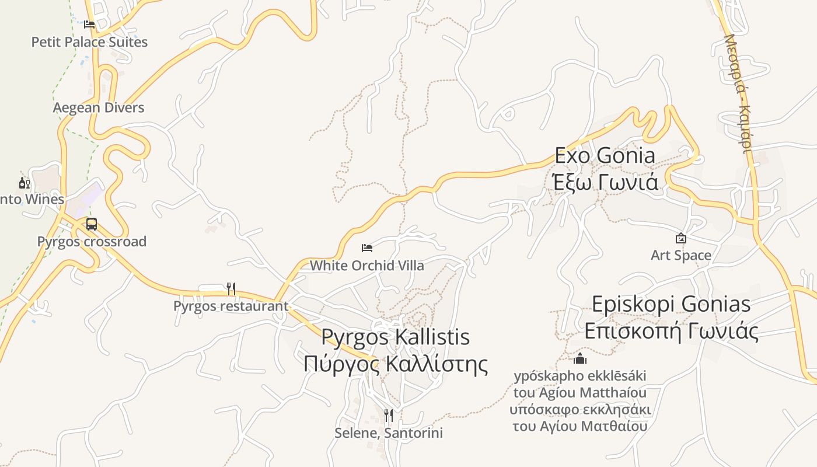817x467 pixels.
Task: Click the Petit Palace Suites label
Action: [89, 42]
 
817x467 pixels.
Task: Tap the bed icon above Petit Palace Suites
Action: [89, 25]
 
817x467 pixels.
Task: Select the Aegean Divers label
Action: [99, 107]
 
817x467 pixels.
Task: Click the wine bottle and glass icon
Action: [25, 183]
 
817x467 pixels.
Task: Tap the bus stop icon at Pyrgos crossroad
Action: [92, 224]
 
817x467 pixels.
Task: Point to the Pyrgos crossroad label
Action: [92, 242]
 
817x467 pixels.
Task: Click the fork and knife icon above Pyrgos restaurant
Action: [231, 288]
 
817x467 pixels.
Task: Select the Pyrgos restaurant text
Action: [231, 306]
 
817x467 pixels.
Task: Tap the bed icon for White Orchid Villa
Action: [367, 248]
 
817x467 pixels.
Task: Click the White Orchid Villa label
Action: [367, 266]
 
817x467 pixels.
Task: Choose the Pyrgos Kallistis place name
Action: [396, 337]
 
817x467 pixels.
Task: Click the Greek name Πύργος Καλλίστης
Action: [396, 364]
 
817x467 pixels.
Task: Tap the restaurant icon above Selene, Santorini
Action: [389, 416]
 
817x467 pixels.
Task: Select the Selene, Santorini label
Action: [389, 433]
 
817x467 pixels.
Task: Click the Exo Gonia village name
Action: [605, 156]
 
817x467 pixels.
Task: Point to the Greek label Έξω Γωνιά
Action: [605, 182]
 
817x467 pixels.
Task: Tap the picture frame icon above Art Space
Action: [680, 238]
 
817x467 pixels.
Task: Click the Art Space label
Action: [681, 256]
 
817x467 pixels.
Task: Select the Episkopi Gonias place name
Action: [671, 304]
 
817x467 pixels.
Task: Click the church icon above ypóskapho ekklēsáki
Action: [580, 358]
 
